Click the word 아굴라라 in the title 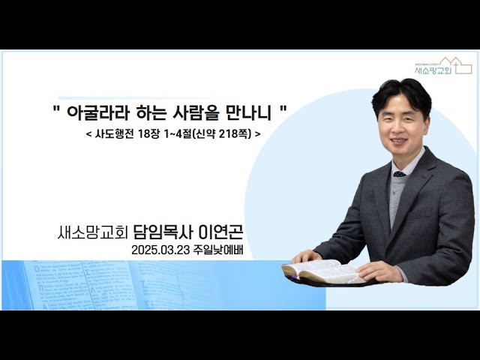(97, 112)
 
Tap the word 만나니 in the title (248, 112)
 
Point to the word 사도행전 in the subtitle (114, 133)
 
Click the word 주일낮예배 (218, 250)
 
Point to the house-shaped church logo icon (456, 65)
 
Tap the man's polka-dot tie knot (399, 174)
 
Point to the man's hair (401, 93)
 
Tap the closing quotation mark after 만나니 (283, 108)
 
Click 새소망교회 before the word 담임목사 (92, 232)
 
